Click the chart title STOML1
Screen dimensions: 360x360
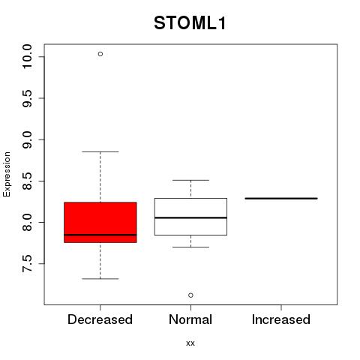point(190,23)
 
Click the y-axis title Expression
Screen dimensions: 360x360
point(7,174)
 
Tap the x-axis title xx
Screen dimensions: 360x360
point(190,343)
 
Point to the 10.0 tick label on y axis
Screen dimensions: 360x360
point(27,56)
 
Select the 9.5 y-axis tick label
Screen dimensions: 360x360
point(27,98)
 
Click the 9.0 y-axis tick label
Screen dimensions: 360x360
point(27,139)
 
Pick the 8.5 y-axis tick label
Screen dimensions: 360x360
point(27,181)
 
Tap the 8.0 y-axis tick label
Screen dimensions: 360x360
point(27,222)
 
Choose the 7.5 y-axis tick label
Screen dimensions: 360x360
point(27,264)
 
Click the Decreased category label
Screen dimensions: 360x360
point(100,319)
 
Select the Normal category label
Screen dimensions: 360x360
point(190,319)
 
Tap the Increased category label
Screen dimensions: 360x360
point(281,319)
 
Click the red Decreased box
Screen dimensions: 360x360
point(100,222)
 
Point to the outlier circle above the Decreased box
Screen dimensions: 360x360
point(100,54)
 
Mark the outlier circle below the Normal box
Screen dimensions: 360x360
point(190,295)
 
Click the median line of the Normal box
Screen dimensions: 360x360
point(190,217)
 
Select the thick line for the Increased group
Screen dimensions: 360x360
point(281,198)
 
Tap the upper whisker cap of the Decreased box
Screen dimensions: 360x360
point(100,151)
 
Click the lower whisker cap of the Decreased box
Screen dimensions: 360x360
point(100,278)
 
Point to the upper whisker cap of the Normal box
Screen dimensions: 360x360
point(190,180)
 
